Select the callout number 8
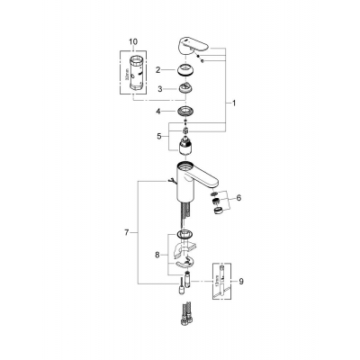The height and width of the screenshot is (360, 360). click(157, 255)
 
